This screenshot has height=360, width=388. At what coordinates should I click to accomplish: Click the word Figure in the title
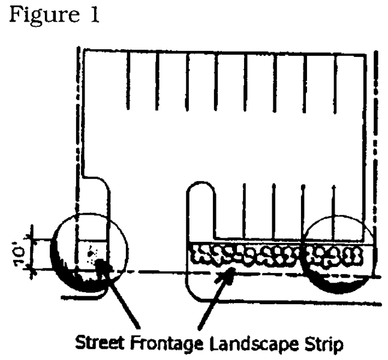tap(45, 15)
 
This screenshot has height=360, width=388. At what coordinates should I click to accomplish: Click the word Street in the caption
tap(99, 343)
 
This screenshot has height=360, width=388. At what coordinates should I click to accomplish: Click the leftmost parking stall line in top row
tap(128, 80)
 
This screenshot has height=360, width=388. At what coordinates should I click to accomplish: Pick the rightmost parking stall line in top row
tap(335, 84)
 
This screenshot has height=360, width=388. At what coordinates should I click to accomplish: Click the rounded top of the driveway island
tap(200, 183)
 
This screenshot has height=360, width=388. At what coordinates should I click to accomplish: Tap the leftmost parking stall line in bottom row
tap(244, 211)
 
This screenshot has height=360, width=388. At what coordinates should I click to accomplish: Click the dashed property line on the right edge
tap(376, 161)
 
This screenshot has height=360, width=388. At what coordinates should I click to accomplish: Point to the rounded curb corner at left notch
tap(104, 182)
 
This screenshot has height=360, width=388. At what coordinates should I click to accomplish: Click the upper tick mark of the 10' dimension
tap(32, 239)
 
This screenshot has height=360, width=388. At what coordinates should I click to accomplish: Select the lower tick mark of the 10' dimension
tap(32, 270)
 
